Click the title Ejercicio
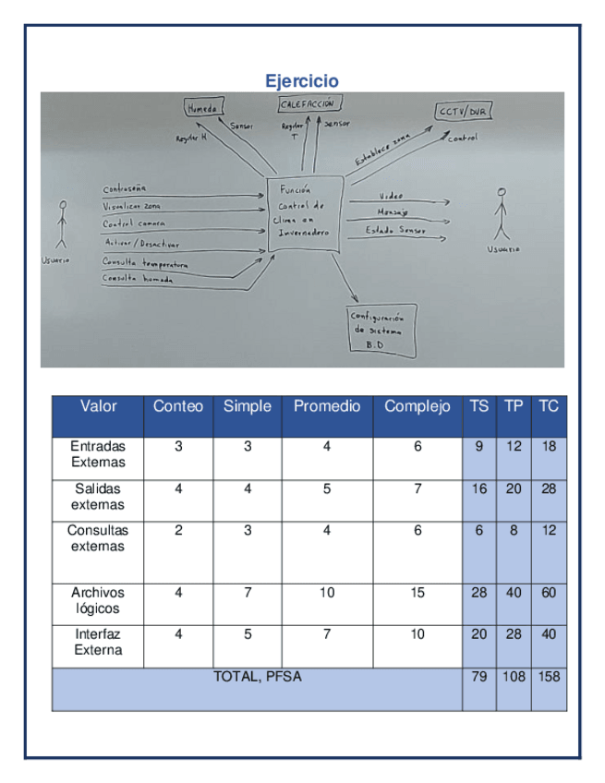pos(301,81)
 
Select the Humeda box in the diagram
pos(202,108)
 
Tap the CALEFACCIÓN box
pos(310,105)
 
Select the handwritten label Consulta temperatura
pos(145,263)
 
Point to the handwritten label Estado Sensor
pos(394,231)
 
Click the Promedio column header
pos(327,406)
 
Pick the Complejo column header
pos(417,406)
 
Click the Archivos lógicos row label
pos(98,600)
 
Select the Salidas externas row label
pos(98,497)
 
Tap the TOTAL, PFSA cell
pos(258,677)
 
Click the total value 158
pos(549,677)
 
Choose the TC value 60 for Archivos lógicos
pos(549,593)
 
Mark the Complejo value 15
pos(417,593)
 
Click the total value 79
pos(478,677)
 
